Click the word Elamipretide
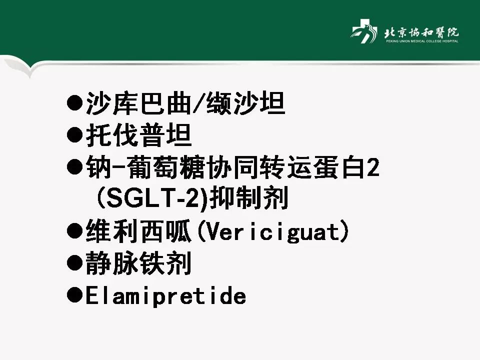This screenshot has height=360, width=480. pos(165,296)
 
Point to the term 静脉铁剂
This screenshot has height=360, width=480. pos(138,264)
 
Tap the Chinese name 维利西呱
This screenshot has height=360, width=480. pos(138,232)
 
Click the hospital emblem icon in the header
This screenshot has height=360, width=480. pos(363,33)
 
